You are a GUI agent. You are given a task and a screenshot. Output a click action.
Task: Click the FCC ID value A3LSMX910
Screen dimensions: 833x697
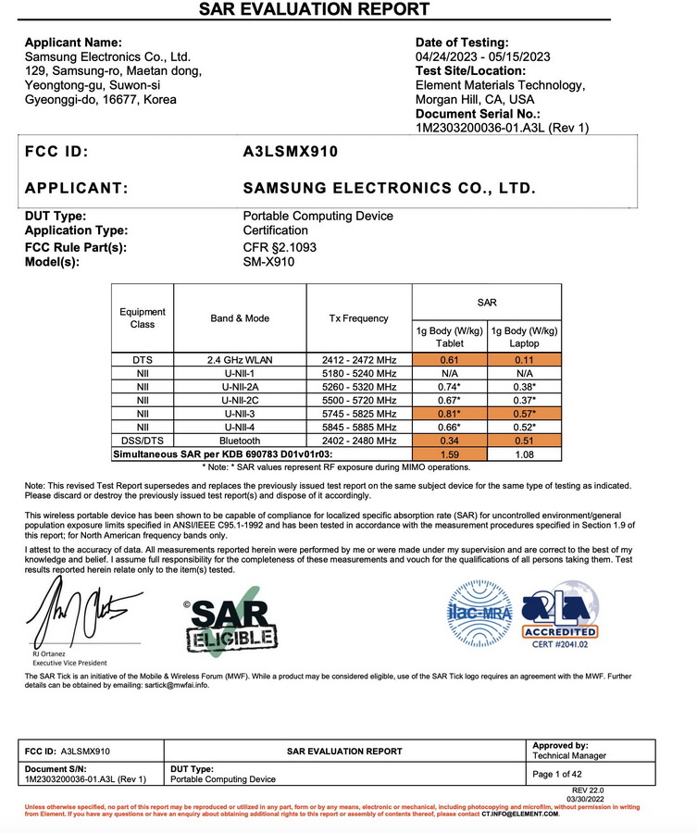290,152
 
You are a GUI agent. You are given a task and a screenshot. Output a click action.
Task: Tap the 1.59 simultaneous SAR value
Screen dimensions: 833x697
449,454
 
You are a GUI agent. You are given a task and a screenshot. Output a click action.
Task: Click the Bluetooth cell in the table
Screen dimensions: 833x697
240,442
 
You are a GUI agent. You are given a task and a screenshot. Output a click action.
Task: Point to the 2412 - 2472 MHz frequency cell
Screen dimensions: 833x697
358,360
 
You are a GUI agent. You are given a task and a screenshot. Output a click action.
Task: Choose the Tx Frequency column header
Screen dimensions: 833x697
358,318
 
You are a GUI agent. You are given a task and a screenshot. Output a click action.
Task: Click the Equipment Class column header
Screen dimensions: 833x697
143,318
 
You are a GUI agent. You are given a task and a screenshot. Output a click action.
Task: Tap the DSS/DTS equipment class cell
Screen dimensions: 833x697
143,442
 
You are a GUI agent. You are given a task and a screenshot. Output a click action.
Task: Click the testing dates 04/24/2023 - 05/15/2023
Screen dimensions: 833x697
483,56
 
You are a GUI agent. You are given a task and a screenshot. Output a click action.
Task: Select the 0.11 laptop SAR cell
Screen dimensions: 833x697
524,360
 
